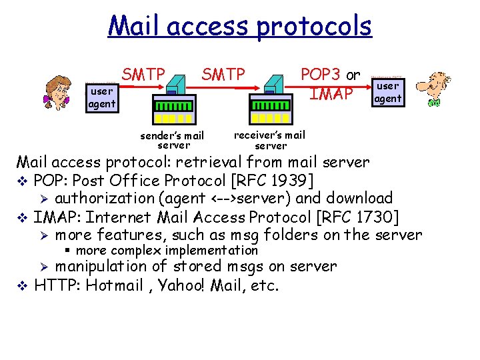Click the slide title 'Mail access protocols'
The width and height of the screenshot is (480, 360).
[x=239, y=27]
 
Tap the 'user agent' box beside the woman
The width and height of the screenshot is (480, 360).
[x=102, y=97]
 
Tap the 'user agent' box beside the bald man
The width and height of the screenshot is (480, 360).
[x=387, y=92]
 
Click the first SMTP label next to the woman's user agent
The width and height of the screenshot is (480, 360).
[x=143, y=74]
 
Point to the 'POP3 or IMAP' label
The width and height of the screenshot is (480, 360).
[x=331, y=84]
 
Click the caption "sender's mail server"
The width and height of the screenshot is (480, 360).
[x=172, y=140]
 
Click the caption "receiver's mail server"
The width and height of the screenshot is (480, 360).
[x=270, y=140]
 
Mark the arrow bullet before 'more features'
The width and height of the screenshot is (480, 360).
[x=43, y=235]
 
